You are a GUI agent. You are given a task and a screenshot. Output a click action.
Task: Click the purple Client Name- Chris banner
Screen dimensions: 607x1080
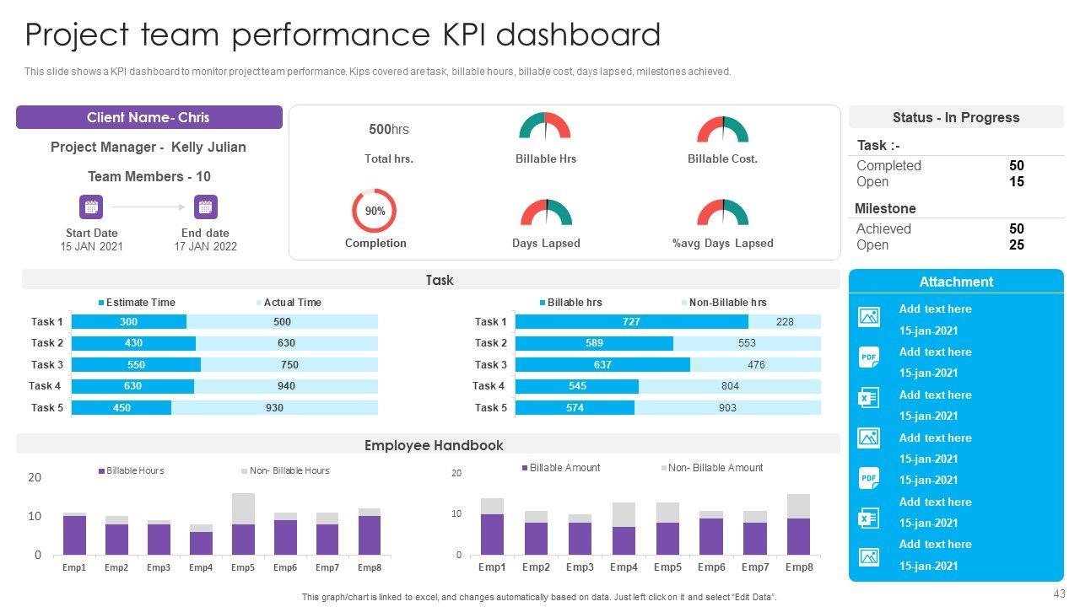tap(148, 117)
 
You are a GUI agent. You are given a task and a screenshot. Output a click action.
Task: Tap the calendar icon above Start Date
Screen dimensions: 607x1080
tap(91, 207)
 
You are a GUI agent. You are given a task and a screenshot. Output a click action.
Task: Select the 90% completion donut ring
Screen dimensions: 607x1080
tap(374, 211)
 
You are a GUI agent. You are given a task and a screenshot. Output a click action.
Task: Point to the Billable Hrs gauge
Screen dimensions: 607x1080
tap(545, 128)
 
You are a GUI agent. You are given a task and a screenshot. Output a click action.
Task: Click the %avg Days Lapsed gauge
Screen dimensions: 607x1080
tap(722, 213)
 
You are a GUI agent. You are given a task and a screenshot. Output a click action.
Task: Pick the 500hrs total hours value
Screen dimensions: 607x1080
tap(388, 129)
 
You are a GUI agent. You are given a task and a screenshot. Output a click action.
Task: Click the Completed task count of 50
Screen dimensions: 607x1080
tap(1016, 166)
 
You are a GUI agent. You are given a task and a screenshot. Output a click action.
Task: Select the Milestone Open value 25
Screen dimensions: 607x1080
tap(1016, 244)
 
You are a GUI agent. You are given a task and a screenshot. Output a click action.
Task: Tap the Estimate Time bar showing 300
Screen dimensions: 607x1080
tap(129, 321)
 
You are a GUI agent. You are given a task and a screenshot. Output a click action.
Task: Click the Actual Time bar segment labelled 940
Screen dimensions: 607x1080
tap(286, 386)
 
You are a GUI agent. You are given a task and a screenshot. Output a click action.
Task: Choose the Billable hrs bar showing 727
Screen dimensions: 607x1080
tap(631, 321)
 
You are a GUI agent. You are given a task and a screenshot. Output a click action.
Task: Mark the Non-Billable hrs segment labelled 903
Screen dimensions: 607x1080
tap(727, 408)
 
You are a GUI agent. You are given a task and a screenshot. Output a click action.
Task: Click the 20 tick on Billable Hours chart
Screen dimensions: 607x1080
tap(35, 477)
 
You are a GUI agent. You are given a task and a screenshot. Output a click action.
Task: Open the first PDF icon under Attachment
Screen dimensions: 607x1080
tap(868, 357)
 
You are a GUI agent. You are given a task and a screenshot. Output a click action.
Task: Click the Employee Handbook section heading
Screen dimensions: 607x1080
tap(434, 445)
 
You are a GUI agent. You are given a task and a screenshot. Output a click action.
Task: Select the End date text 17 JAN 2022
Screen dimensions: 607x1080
tap(206, 247)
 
